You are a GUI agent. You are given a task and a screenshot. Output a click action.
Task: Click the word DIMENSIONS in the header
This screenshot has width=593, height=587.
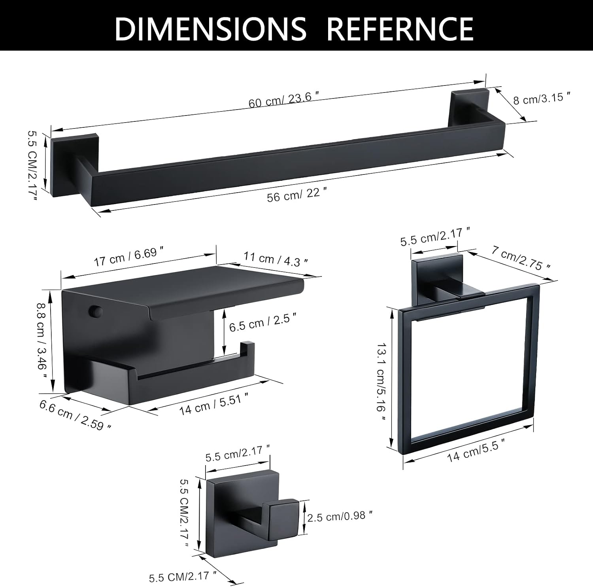[x=210, y=28]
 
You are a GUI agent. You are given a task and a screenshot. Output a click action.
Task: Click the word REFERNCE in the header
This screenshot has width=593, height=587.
[x=401, y=28]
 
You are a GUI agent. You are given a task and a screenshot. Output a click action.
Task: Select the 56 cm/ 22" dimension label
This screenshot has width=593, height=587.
[x=297, y=195]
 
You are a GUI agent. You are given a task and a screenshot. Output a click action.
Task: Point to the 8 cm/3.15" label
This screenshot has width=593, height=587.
[x=542, y=98]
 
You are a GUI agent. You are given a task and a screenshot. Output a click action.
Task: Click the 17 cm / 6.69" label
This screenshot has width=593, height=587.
[x=129, y=257]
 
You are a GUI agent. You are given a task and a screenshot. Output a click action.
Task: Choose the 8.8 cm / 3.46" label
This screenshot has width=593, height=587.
[x=42, y=340]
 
